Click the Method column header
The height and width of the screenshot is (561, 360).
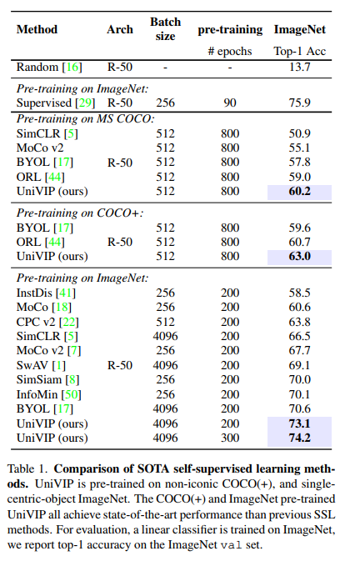[37, 29]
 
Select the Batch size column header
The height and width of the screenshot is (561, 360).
[165, 29]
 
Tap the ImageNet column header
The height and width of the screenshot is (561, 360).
[299, 29]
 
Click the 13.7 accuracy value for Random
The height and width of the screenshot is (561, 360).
[299, 67]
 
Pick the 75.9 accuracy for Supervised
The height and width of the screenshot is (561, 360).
[299, 103]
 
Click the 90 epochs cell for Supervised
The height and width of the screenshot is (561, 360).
[230, 103]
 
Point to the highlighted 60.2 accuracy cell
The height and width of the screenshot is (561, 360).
[299, 192]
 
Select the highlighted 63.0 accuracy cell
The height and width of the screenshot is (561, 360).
[299, 257]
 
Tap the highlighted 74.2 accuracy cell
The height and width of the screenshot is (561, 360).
[299, 438]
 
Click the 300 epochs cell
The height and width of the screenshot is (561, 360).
[230, 438]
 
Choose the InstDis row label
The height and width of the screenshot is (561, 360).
[46, 293]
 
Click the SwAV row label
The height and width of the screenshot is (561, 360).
[41, 366]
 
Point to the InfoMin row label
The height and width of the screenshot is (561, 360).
[49, 394]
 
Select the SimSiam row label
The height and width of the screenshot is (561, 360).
[47, 380]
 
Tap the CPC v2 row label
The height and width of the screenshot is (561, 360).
[47, 322]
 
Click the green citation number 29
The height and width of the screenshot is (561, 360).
[85, 103]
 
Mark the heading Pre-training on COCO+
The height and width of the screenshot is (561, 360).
[80, 213]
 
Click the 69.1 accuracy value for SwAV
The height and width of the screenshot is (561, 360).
[299, 366]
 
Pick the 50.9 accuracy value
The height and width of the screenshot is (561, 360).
[299, 134]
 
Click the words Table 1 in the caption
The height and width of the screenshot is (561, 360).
[27, 469]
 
